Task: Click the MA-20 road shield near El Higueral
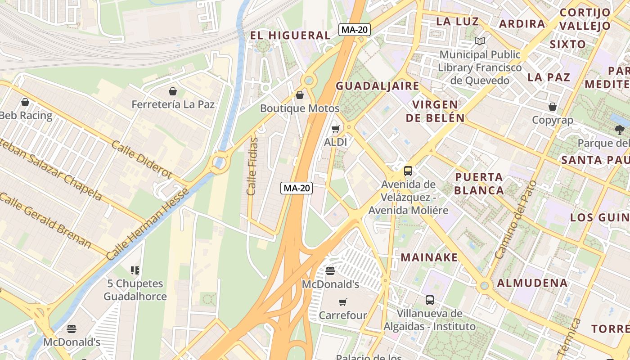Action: point(354,30)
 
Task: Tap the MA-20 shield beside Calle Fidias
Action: point(297,188)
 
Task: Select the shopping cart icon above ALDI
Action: point(335,130)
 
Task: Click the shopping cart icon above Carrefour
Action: point(343,302)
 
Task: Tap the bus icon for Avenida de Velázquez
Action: point(408,171)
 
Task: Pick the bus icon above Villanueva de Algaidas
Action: point(430,300)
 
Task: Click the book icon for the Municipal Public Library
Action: point(480,41)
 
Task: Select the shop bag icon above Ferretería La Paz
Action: point(173,92)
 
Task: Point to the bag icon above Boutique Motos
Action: point(300,95)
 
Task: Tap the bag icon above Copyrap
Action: point(553,107)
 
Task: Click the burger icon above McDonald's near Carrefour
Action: point(330,271)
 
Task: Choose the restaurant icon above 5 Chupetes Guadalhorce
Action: point(135,270)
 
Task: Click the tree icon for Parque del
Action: point(619,130)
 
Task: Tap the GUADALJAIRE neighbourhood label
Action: point(377,86)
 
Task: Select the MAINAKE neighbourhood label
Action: point(429,257)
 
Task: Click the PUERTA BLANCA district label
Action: point(479,183)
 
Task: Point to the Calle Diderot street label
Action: point(141,159)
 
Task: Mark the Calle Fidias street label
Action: point(252,166)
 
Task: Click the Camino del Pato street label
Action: point(516,220)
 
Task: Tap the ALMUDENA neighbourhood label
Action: point(532,283)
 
